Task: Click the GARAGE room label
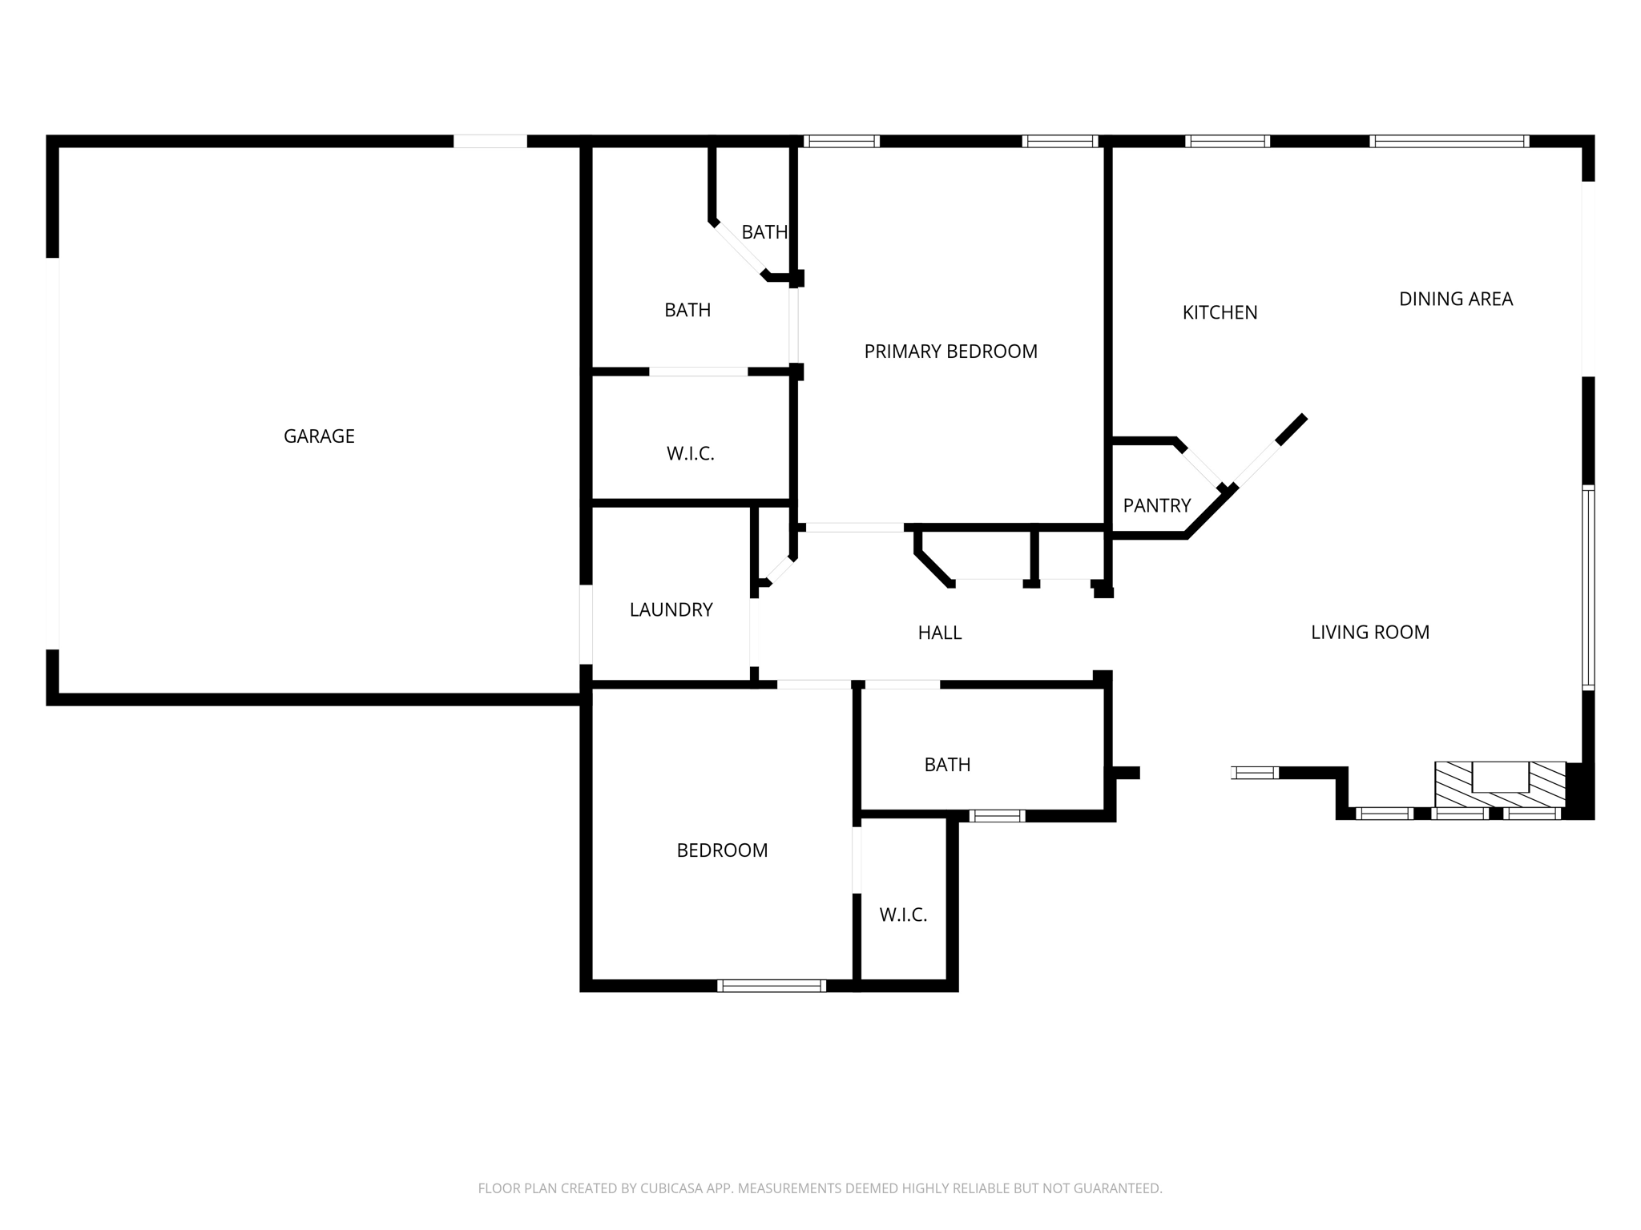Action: pyautogui.click(x=319, y=436)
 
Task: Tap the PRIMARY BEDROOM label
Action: pyautogui.click(x=950, y=352)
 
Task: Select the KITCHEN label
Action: pyautogui.click(x=1220, y=313)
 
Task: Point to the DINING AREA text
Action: pyautogui.click(x=1455, y=299)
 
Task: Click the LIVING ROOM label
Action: pyautogui.click(x=1369, y=633)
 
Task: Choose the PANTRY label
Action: pyautogui.click(x=1156, y=506)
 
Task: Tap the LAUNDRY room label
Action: pyautogui.click(x=671, y=610)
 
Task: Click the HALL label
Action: pyautogui.click(x=939, y=633)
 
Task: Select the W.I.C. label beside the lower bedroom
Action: pyautogui.click(x=903, y=915)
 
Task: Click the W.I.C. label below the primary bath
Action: pyautogui.click(x=690, y=454)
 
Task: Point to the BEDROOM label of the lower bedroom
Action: pyautogui.click(x=722, y=850)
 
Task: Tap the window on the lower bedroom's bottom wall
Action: pyautogui.click(x=771, y=986)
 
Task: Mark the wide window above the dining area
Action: pyautogui.click(x=1449, y=142)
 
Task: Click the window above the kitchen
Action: pyautogui.click(x=1227, y=142)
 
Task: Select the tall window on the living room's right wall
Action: pyautogui.click(x=1587, y=587)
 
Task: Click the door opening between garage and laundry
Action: pyautogui.click(x=586, y=625)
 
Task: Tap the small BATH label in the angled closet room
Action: pyautogui.click(x=764, y=232)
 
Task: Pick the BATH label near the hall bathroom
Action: pyautogui.click(x=947, y=765)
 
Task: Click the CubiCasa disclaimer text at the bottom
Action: pyautogui.click(x=820, y=1188)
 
